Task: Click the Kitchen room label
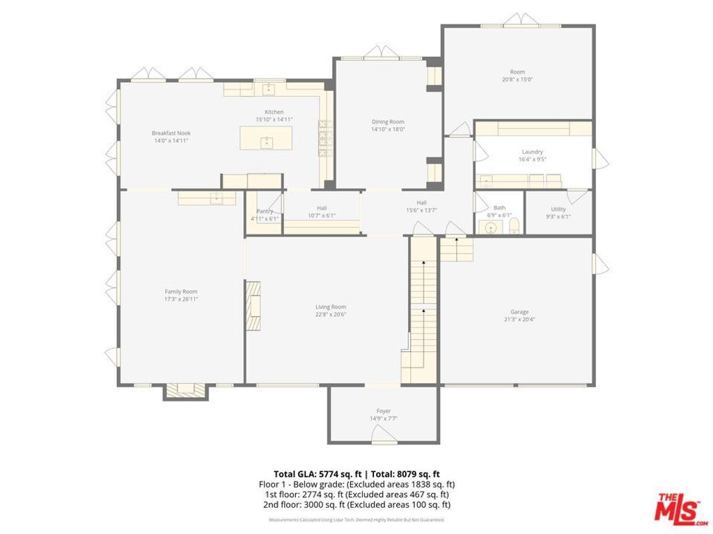pyautogui.click(x=274, y=112)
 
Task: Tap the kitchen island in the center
pyautogui.click(x=265, y=138)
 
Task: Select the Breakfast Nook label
pyautogui.click(x=171, y=133)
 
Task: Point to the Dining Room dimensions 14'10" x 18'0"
pyautogui.click(x=388, y=129)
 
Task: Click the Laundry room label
pyautogui.click(x=532, y=152)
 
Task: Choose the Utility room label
pyautogui.click(x=558, y=209)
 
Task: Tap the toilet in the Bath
pyautogui.click(x=515, y=226)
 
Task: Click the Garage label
pyautogui.click(x=519, y=311)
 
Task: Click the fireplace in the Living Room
pyautogui.click(x=253, y=305)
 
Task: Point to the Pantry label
pyautogui.click(x=265, y=211)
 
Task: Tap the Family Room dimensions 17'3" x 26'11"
pyautogui.click(x=181, y=300)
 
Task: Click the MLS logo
pyautogui.click(x=678, y=508)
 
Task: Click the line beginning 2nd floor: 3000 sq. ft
pyautogui.click(x=356, y=505)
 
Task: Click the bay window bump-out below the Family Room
pyautogui.click(x=186, y=391)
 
